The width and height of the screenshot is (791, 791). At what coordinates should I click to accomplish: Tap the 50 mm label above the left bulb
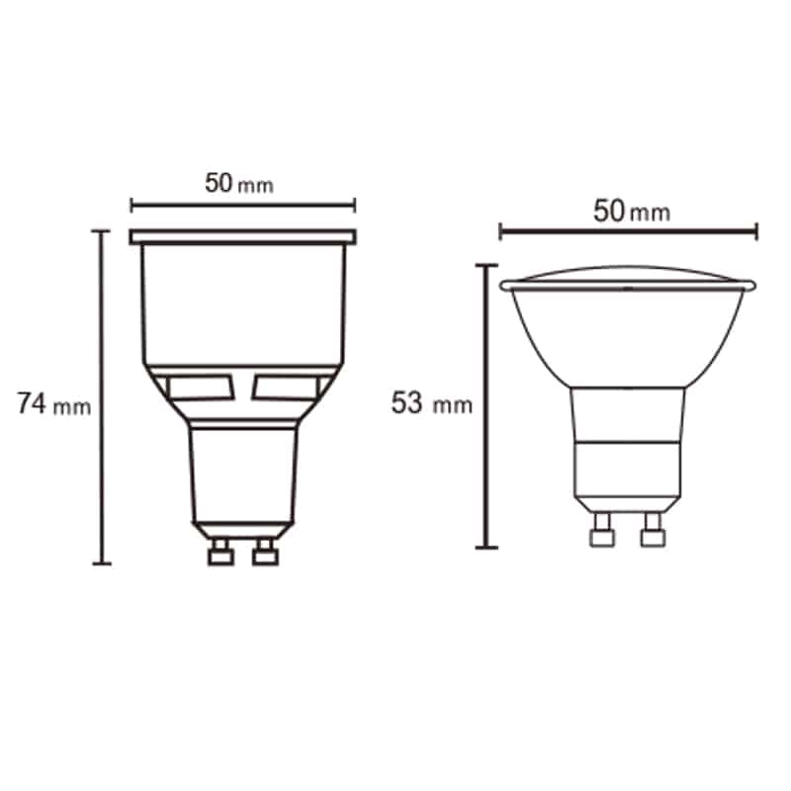coord(238,184)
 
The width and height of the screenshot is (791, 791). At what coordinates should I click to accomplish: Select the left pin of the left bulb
coord(218,554)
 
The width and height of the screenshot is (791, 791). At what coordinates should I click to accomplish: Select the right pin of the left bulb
coord(264,554)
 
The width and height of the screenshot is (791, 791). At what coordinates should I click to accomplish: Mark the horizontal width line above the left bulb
coord(242,206)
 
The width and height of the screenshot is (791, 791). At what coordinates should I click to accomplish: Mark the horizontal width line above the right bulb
coord(628,232)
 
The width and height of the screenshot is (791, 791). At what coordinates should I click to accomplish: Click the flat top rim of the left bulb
coord(242,237)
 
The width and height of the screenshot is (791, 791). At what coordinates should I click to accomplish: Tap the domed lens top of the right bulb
coord(628,274)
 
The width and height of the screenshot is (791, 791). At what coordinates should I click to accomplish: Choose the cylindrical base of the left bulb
coord(242,470)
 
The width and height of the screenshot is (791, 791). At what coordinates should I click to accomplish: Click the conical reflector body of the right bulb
coord(628,336)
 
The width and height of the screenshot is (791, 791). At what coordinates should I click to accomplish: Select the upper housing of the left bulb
coord(242,302)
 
